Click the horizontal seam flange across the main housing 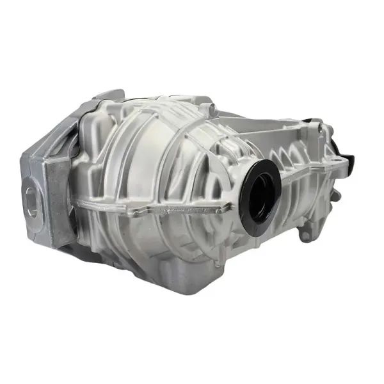coord(160,208)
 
